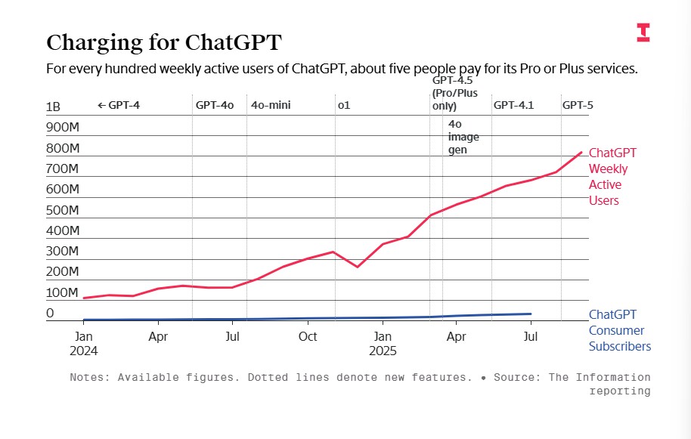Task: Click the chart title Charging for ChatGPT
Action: (x=164, y=42)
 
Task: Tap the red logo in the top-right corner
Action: (x=643, y=32)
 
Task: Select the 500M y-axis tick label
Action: (x=63, y=210)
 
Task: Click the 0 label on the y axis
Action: (x=50, y=313)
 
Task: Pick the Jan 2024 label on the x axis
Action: (x=83, y=343)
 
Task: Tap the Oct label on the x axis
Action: (x=308, y=336)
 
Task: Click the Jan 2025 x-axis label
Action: (x=383, y=343)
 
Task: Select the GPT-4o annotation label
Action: (x=215, y=105)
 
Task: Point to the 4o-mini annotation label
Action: (x=271, y=105)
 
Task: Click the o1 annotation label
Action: (x=344, y=105)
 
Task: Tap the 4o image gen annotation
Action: (x=463, y=137)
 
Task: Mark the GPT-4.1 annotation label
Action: (x=513, y=105)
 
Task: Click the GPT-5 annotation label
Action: (x=578, y=105)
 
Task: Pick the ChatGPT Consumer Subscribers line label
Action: (x=619, y=330)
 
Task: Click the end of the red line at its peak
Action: (x=581, y=153)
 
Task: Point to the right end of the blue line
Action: (x=531, y=314)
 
